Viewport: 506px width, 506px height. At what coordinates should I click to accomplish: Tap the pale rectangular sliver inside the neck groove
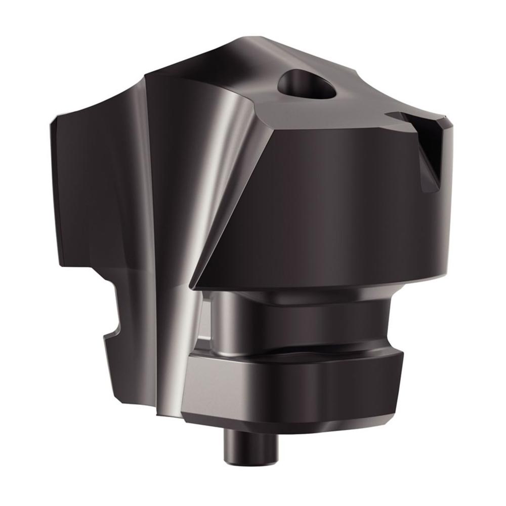[x=206, y=324]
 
